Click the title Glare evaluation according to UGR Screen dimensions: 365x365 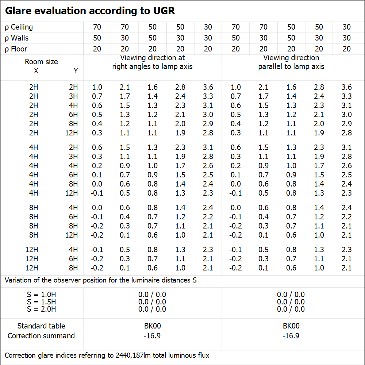pos(90,11)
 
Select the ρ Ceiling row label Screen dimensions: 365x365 pos(19,27)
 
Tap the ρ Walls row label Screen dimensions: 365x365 pos(17,38)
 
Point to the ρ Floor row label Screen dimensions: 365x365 pos(16,49)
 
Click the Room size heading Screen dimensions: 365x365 pos(41,62)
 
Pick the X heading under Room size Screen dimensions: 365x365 pos(36,71)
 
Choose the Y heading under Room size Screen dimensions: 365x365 pos(76,71)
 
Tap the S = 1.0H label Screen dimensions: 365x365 pos(41,295)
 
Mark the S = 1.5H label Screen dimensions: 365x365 pos(41,302)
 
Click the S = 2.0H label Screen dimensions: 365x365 pos(41,309)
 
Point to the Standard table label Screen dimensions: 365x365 pos(41,326)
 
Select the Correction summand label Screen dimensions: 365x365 pos(41,336)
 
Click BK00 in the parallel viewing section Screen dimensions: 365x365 pos(291,326)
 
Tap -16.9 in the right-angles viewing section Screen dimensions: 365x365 pos(152,336)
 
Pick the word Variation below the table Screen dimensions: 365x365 pos(18,281)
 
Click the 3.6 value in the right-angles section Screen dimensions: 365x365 pos(208,87)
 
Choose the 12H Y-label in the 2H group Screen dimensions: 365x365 pos(72,133)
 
